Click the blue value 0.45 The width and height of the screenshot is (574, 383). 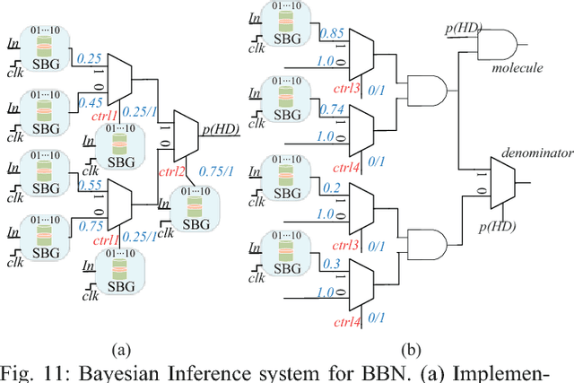(91, 102)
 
